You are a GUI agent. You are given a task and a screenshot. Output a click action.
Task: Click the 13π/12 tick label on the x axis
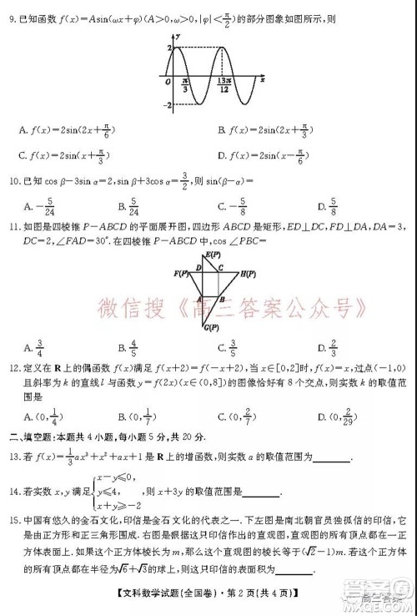pyautogui.click(x=224, y=85)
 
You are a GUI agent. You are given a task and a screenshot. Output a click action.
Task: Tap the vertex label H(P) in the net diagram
pyautogui.click(x=247, y=274)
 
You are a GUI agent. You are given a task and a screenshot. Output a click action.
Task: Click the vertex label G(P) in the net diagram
pyautogui.click(x=213, y=326)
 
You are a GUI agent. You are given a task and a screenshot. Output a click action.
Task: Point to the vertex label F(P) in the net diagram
pyautogui.click(x=180, y=274)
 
